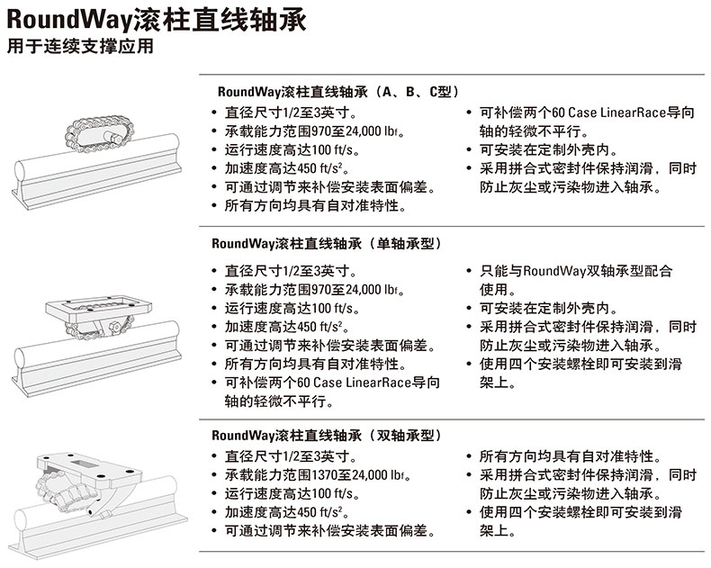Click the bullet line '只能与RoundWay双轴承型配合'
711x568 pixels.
(x=576, y=271)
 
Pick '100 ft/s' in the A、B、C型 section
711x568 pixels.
(x=322, y=151)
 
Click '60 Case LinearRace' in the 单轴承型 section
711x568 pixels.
(x=360, y=383)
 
